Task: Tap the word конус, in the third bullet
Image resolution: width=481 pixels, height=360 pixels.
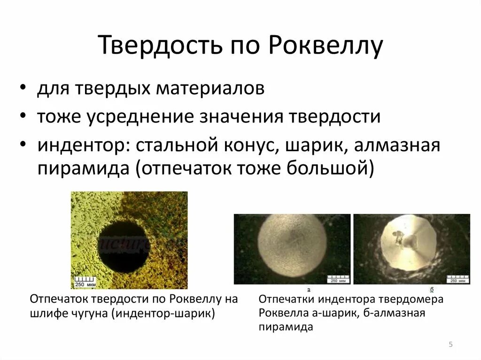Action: click(x=249, y=145)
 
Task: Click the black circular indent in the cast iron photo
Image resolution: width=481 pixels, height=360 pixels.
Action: click(x=123, y=245)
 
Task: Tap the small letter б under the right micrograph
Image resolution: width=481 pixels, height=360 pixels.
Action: click(x=431, y=289)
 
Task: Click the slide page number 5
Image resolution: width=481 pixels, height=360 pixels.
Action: click(x=450, y=345)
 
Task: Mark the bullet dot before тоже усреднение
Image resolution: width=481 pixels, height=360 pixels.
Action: click(x=23, y=117)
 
